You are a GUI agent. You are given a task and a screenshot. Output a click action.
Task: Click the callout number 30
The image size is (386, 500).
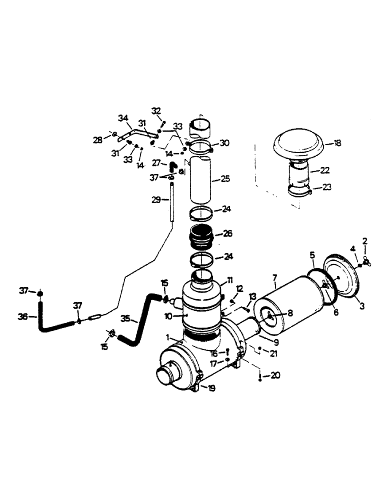pos(224,142)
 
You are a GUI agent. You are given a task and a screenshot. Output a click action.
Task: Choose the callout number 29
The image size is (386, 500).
pos(156,199)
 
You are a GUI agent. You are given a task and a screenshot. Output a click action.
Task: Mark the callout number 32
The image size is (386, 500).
pos(156,110)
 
